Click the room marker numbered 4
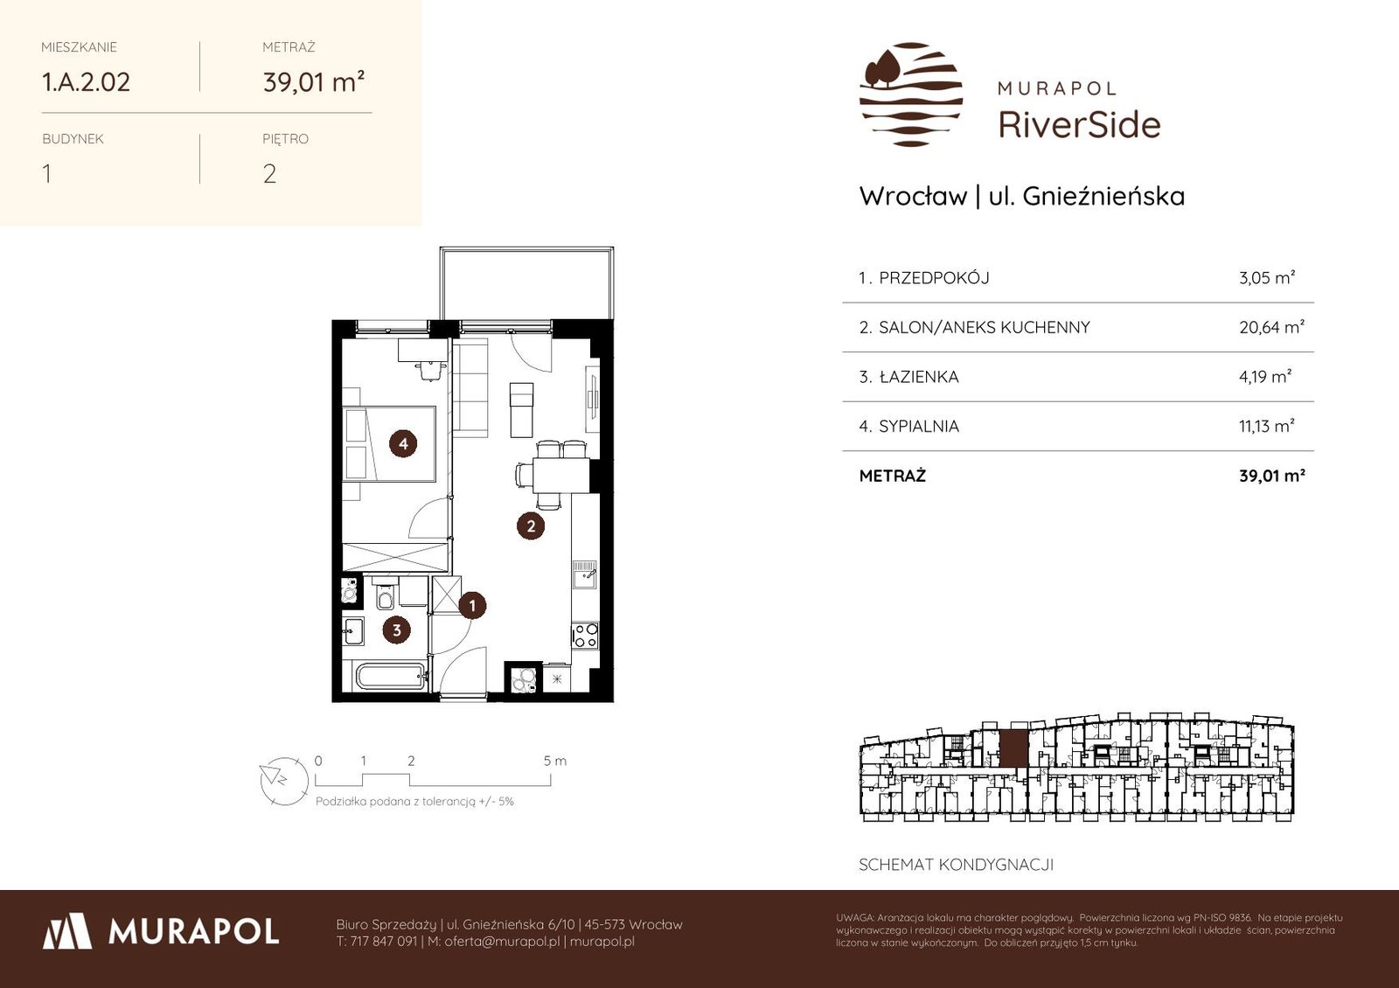403,443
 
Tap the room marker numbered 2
531,525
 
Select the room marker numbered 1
472,605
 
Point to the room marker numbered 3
397,630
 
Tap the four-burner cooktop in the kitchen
586,636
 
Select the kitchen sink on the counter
585,574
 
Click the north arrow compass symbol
284,781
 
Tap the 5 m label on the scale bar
554,761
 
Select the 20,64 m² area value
1271,327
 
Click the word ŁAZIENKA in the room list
919,377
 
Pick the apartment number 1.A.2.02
86,82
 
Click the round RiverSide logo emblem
910,94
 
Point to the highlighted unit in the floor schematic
1013,748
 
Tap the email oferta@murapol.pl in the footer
502,942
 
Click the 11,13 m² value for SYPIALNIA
1267,426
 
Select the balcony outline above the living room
526,283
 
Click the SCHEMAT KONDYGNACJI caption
957,865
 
